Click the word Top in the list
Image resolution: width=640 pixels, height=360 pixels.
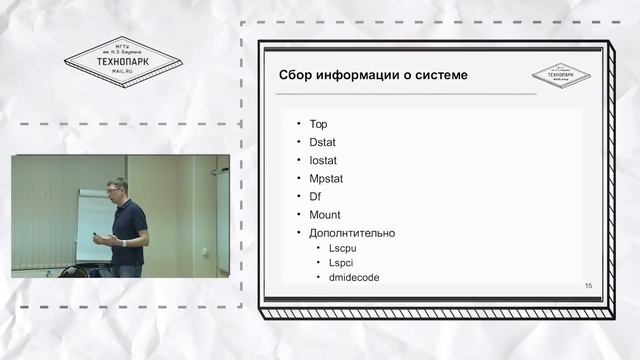[319, 125]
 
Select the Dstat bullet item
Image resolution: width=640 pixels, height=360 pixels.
[323, 143]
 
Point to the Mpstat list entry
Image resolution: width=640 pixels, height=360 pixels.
[327, 179]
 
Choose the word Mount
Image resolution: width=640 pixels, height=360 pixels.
[325, 215]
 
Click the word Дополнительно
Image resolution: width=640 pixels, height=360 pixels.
[352, 233]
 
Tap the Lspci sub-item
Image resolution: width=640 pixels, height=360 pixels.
[343, 262]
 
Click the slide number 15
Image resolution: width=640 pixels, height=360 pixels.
[588, 287]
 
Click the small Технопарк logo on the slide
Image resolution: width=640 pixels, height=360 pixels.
[560, 75]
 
